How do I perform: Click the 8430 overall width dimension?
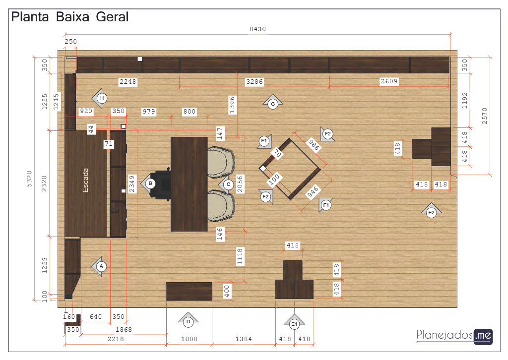coord(257,29)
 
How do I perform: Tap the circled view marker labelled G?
coord(273,104)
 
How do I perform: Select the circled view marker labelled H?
coord(102,98)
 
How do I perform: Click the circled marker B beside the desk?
coord(150,183)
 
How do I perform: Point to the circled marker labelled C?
coord(228,184)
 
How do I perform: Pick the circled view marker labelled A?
coord(101,266)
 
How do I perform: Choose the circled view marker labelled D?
coord(188,322)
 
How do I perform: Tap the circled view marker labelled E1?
coord(294,324)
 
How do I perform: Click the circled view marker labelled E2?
coord(431,213)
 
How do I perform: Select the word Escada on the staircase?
coord(85,180)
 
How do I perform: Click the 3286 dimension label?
coord(254,82)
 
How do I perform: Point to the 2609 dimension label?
coord(389,81)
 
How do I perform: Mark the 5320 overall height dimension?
coord(29,179)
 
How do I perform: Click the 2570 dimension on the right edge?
coord(484,116)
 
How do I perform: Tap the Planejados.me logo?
coord(454,336)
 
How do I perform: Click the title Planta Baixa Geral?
coord(70,17)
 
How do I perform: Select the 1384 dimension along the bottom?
coord(244,339)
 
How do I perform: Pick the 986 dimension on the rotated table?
coord(314,145)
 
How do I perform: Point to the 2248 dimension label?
coord(128,82)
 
